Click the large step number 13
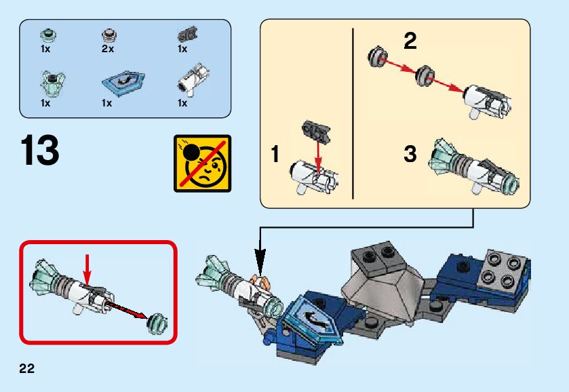point(40,151)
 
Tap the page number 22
point(26,368)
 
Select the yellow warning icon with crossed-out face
point(202,163)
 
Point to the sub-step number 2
point(410,42)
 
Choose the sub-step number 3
point(410,155)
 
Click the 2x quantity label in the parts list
point(108,50)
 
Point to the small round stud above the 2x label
point(108,34)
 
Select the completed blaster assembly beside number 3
point(475,166)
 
